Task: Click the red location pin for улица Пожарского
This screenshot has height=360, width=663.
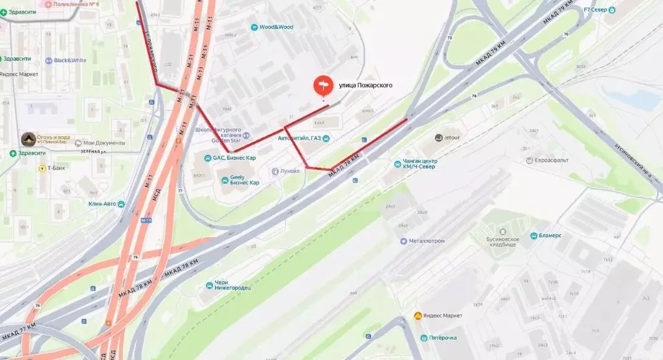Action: (x=322, y=85)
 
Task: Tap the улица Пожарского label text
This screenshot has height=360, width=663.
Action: (x=366, y=85)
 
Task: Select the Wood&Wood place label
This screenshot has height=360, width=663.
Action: (x=276, y=27)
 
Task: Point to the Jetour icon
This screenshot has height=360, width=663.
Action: (x=438, y=137)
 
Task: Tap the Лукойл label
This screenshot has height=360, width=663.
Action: (x=289, y=171)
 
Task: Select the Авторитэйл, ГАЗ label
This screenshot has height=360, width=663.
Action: (x=298, y=137)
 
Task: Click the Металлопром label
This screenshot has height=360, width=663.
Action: (x=427, y=241)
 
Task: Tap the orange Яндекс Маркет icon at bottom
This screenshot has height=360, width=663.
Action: (x=418, y=315)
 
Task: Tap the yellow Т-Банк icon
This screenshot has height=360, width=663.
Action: (x=41, y=168)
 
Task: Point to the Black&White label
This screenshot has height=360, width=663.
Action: (x=70, y=60)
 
